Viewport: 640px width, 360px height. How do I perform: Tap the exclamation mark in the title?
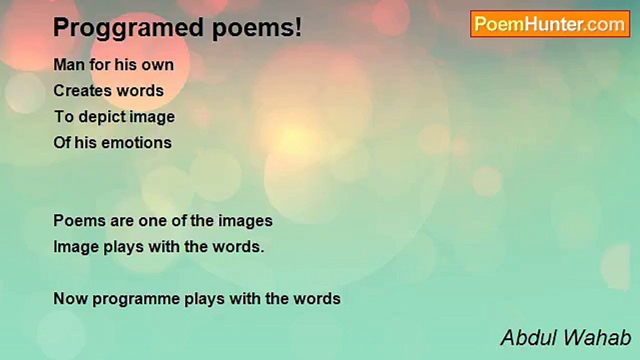(x=298, y=26)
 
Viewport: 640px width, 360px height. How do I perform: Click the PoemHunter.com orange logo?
(x=550, y=24)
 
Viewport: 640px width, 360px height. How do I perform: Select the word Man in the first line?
(x=69, y=65)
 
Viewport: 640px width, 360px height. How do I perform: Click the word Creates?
(x=82, y=91)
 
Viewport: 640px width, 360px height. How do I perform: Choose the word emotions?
(x=136, y=143)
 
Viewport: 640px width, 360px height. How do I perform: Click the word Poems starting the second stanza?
(x=79, y=221)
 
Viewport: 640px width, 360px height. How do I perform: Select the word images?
(x=245, y=221)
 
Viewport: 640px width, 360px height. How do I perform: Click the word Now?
(x=70, y=299)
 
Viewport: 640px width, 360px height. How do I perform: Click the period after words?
(x=262, y=251)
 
